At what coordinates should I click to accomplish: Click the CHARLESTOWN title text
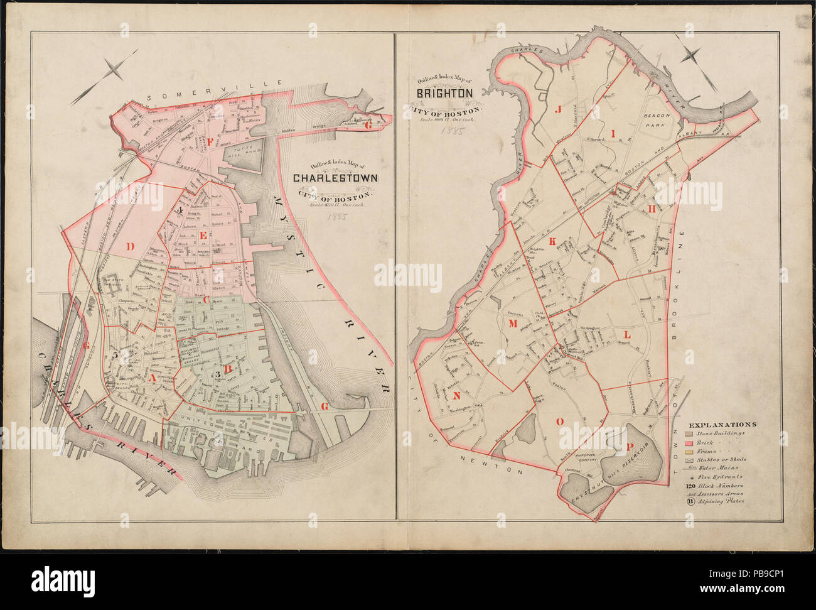(x=336, y=178)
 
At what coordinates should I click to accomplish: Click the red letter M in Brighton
(x=512, y=324)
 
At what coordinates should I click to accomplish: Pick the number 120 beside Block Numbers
(x=689, y=486)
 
